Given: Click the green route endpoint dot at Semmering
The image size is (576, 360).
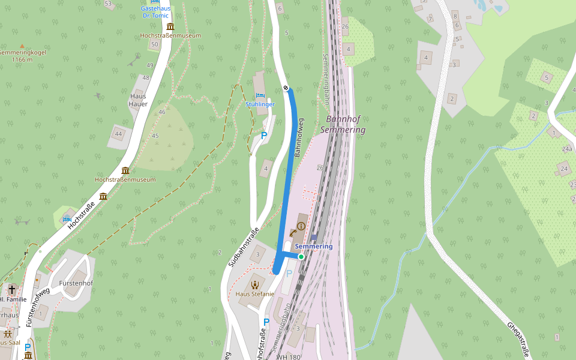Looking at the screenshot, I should pos(301,257).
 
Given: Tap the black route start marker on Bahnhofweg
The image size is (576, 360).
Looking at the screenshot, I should pos(287,88).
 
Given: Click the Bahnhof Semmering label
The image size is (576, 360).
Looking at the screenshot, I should pos(344,124).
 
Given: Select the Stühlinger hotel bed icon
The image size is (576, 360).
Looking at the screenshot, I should pos(260,95).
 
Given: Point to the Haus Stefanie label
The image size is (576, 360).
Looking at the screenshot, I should pos(254,294).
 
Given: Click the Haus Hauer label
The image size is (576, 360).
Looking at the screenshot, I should pos(138,100).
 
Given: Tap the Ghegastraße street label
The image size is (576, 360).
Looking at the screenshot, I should pos(518,337).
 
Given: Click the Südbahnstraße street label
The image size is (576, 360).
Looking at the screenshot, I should pos(244,247).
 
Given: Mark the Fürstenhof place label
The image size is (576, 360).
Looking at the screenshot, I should pos(76,283).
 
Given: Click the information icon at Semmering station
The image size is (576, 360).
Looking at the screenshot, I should pos(301,226).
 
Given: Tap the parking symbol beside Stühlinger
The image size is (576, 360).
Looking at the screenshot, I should pos(263,136).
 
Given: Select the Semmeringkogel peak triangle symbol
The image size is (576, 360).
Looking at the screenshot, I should pos(22,46).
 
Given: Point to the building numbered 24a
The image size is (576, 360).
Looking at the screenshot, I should pos(567,149).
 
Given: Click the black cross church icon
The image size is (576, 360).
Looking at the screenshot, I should pos(11,290).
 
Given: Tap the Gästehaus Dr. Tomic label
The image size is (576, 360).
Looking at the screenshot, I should pos(155,12).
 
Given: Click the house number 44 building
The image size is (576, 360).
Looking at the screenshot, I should pos(119,134).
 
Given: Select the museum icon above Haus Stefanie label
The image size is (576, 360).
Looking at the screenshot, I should pos(255,284).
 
